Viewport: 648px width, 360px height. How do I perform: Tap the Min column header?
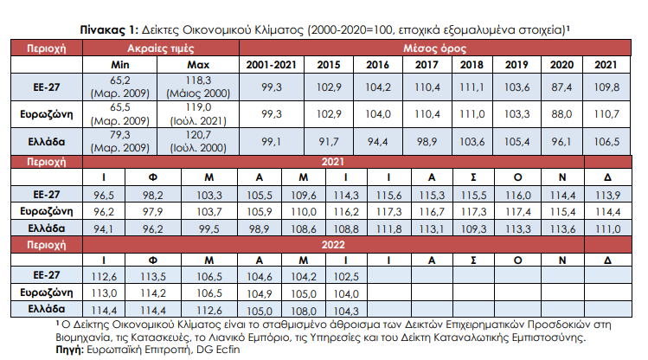pos(121,65)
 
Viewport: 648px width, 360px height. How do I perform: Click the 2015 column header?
pos(329,65)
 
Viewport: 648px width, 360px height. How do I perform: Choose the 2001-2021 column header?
pos(273,65)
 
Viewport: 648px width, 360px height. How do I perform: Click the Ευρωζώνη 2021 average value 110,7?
pos(605,113)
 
